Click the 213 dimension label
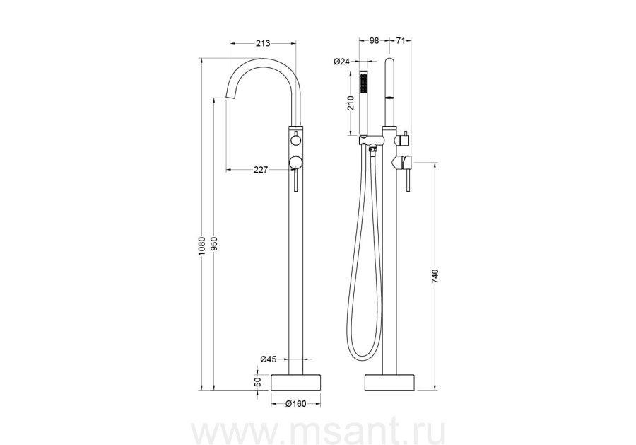[263, 43]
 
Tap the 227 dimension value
[261, 170]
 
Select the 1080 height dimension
[204, 247]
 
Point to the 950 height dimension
[215, 244]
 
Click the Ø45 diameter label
[269, 359]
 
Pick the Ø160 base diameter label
[295, 403]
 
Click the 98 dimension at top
[374, 40]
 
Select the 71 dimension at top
[401, 40]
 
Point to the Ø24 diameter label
[341, 62]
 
